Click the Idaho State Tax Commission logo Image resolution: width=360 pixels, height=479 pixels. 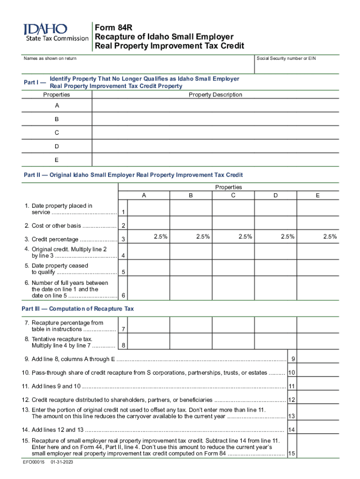[56, 32]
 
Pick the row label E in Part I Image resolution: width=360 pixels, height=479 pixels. [57, 160]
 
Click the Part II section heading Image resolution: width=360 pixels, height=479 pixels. [133, 175]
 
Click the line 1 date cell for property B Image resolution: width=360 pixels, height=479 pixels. [191, 209]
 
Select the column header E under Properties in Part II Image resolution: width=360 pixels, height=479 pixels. [317, 196]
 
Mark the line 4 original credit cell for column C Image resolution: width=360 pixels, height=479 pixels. [233, 253]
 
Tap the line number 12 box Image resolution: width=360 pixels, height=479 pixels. [292, 400]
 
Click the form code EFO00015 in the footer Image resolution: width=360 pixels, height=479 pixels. [34, 462]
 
